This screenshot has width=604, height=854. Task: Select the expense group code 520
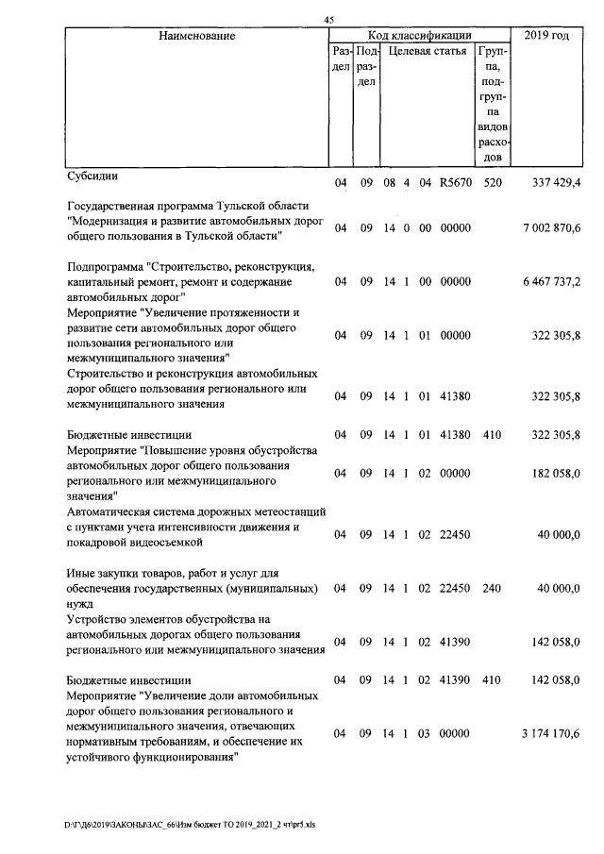[491, 182]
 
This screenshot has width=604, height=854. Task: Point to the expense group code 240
[491, 588]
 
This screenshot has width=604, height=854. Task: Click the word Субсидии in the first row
[92, 176]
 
